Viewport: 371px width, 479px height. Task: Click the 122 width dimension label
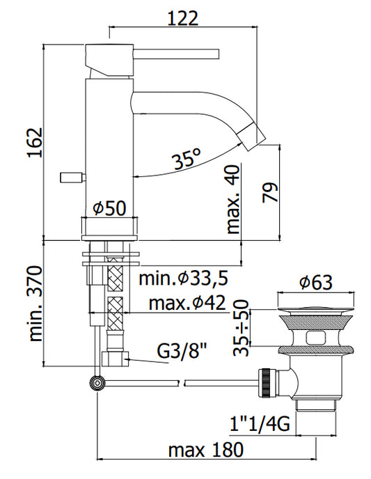coord(182,18)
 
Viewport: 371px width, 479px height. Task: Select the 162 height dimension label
coord(35,142)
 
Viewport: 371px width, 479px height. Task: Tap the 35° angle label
coord(187,158)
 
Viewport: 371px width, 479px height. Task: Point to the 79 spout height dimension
coord(270,192)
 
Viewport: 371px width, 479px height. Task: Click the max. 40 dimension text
coord(234,199)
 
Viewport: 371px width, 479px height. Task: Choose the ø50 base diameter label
coord(109,208)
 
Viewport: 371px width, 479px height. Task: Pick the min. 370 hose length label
coord(35,304)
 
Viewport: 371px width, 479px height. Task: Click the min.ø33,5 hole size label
coord(184,278)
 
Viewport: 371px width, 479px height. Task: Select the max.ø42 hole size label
coord(187,303)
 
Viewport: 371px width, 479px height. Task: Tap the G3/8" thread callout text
coord(182,352)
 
